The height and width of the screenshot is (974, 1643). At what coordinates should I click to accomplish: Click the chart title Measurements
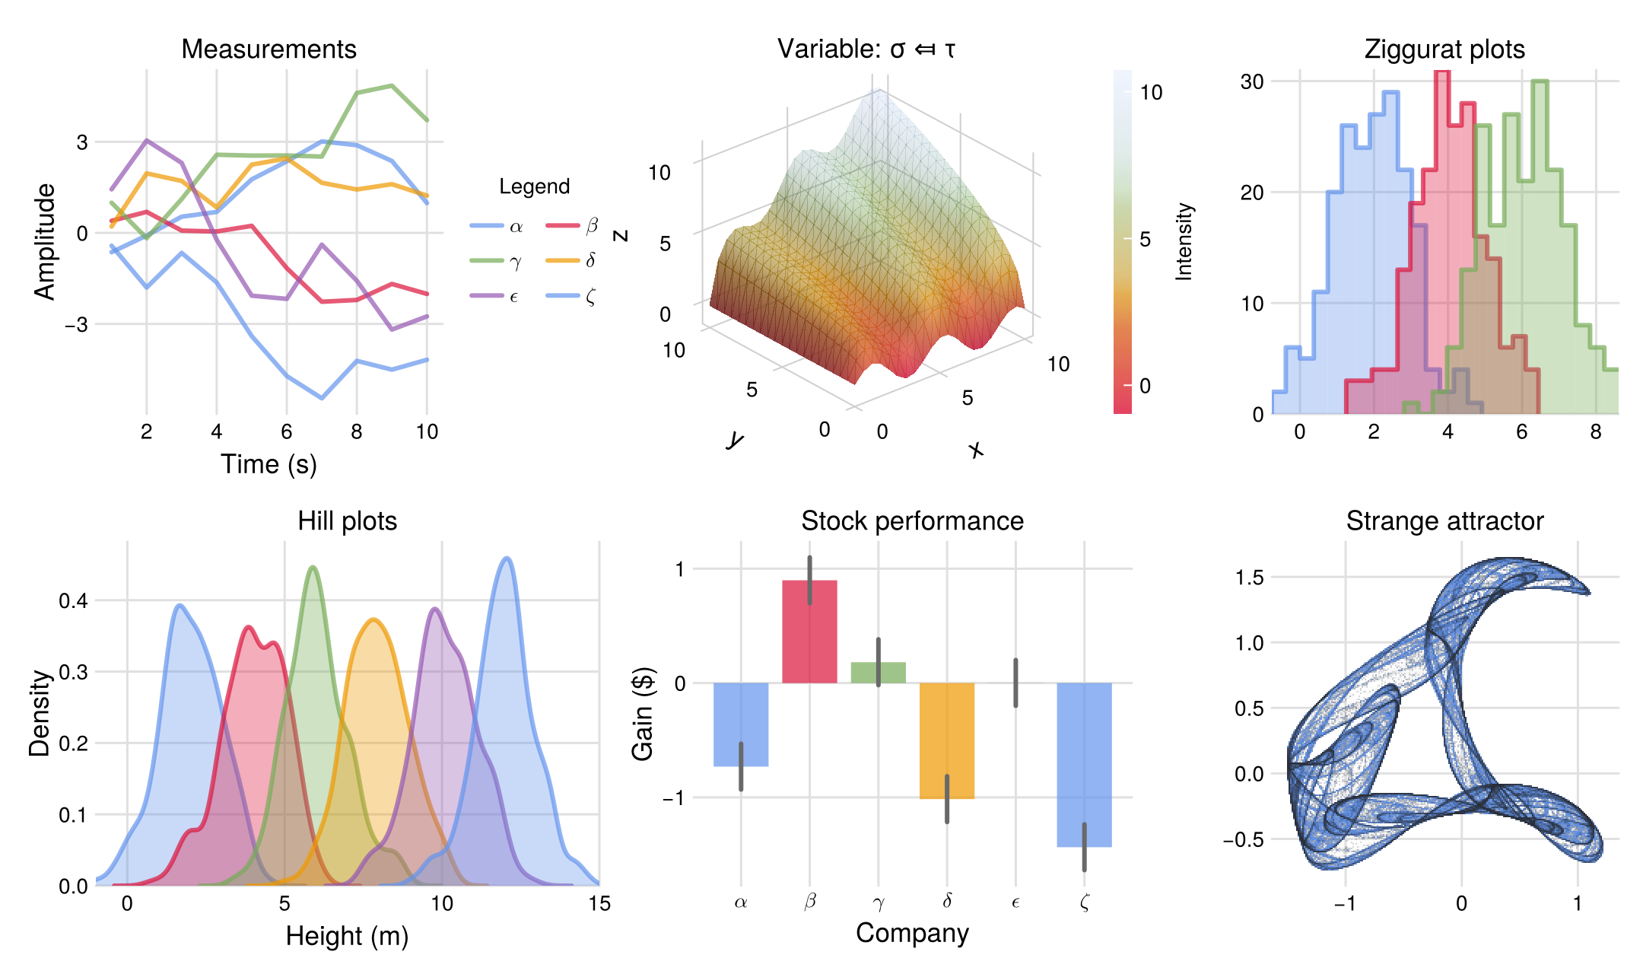[269, 49]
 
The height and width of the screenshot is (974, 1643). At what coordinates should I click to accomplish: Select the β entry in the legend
[572, 226]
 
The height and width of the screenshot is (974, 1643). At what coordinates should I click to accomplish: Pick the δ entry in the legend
[572, 261]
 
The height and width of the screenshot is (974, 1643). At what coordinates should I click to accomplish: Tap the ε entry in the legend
[495, 296]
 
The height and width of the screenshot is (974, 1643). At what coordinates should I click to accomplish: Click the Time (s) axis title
[269, 464]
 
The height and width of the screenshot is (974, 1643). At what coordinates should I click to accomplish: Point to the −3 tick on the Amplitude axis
[76, 325]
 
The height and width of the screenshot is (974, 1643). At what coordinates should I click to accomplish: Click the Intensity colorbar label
[1184, 242]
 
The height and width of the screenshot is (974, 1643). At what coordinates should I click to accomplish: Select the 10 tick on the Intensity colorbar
[1151, 93]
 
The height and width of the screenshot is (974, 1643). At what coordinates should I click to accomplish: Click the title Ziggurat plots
[1444, 49]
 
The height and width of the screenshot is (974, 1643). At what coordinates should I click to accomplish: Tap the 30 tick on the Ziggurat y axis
[1252, 81]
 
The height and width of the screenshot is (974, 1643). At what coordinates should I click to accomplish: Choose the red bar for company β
[809, 632]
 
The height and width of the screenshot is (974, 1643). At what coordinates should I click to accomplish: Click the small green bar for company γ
[878, 673]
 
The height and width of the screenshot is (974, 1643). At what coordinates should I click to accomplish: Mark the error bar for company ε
[1015, 683]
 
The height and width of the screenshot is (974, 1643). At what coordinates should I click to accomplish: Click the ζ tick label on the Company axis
[1084, 903]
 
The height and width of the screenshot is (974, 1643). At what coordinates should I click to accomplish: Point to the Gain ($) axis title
[643, 714]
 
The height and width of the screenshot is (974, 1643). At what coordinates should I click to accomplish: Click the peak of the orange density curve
[373, 620]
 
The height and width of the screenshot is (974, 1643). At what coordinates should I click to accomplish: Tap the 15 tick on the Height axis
[599, 904]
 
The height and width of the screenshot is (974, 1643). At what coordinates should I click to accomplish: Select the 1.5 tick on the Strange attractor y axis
[1249, 578]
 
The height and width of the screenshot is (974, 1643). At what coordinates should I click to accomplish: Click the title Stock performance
[912, 521]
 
